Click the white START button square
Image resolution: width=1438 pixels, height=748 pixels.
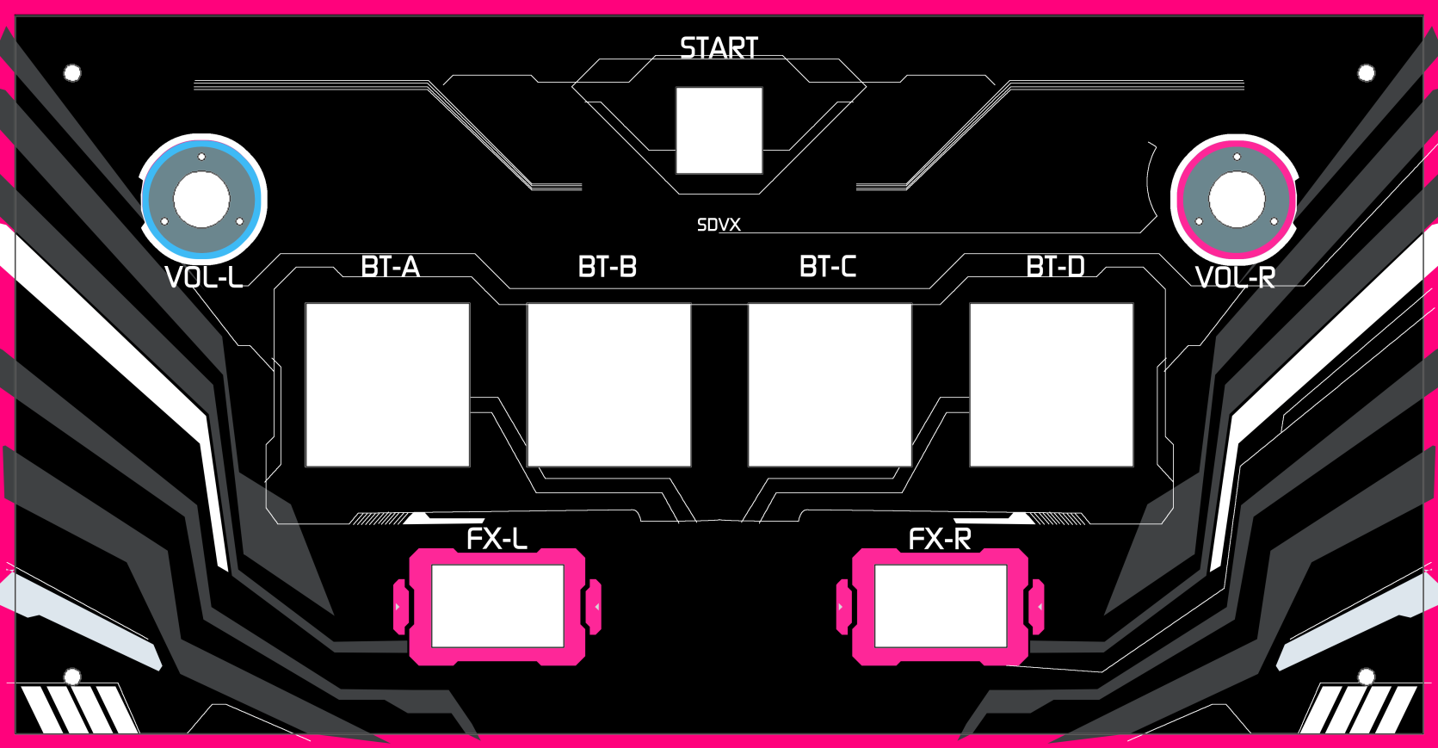click(x=719, y=130)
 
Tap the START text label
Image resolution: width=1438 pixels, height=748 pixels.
click(x=719, y=48)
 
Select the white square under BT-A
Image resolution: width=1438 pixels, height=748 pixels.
click(x=388, y=385)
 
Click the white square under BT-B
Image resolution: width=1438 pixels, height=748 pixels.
click(x=608, y=385)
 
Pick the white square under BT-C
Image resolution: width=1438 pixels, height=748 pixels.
click(x=830, y=385)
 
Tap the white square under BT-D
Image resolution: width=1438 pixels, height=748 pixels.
click(x=1052, y=385)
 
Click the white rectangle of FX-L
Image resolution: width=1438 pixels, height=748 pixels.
click(x=497, y=606)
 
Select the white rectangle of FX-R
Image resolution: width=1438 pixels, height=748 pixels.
click(x=941, y=606)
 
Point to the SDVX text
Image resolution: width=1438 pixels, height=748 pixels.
click(x=719, y=225)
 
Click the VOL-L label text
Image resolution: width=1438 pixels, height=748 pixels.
click(x=204, y=277)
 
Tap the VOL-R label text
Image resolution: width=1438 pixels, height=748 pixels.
click(x=1235, y=277)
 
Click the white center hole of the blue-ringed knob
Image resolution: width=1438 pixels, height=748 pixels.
click(x=201, y=200)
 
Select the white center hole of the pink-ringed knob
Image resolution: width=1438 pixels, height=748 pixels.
click(x=1237, y=200)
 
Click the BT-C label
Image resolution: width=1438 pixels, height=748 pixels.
click(x=828, y=267)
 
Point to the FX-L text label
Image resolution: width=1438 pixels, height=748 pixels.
click(x=497, y=540)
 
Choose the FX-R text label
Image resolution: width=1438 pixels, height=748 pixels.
click(x=940, y=540)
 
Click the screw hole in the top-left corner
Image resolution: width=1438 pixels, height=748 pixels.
click(x=72, y=73)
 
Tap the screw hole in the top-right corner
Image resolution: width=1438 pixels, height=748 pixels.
click(x=1366, y=73)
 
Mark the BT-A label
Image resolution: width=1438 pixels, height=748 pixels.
click(x=391, y=267)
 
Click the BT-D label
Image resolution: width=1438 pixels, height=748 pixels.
click(x=1055, y=267)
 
